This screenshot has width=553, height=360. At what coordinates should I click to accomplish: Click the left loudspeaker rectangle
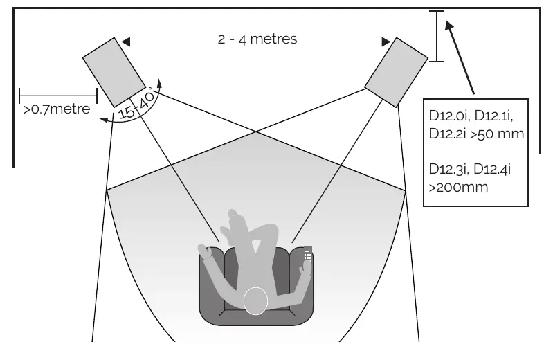tap(114, 72)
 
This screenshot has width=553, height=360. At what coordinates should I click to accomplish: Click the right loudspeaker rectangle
tap(396, 72)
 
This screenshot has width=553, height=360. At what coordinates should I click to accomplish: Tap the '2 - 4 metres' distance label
tap(257, 39)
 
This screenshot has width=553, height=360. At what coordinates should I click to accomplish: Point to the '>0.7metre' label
tap(57, 109)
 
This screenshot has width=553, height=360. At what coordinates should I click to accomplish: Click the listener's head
tap(255, 301)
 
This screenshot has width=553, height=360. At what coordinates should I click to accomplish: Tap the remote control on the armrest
tap(307, 254)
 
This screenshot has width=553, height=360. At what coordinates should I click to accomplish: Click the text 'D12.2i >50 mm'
tap(476, 134)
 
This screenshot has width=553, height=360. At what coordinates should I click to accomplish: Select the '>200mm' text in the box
tap(458, 187)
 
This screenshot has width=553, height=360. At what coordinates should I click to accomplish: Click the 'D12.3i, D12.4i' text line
tap(470, 169)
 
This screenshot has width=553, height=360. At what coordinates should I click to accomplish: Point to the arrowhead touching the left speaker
tap(125, 42)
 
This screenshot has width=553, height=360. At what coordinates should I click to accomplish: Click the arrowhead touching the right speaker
tap(386, 42)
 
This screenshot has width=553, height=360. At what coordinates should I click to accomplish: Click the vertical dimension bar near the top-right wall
tap(437, 36)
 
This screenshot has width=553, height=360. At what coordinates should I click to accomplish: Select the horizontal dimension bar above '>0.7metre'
tap(58, 96)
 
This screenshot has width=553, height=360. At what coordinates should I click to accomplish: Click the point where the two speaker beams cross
tap(255, 132)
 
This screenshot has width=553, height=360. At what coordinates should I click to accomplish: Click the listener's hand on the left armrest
tap(206, 251)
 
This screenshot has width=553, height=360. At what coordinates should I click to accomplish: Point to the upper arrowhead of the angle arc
tap(159, 83)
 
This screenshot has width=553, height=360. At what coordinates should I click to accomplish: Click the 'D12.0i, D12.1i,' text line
tap(471, 116)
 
